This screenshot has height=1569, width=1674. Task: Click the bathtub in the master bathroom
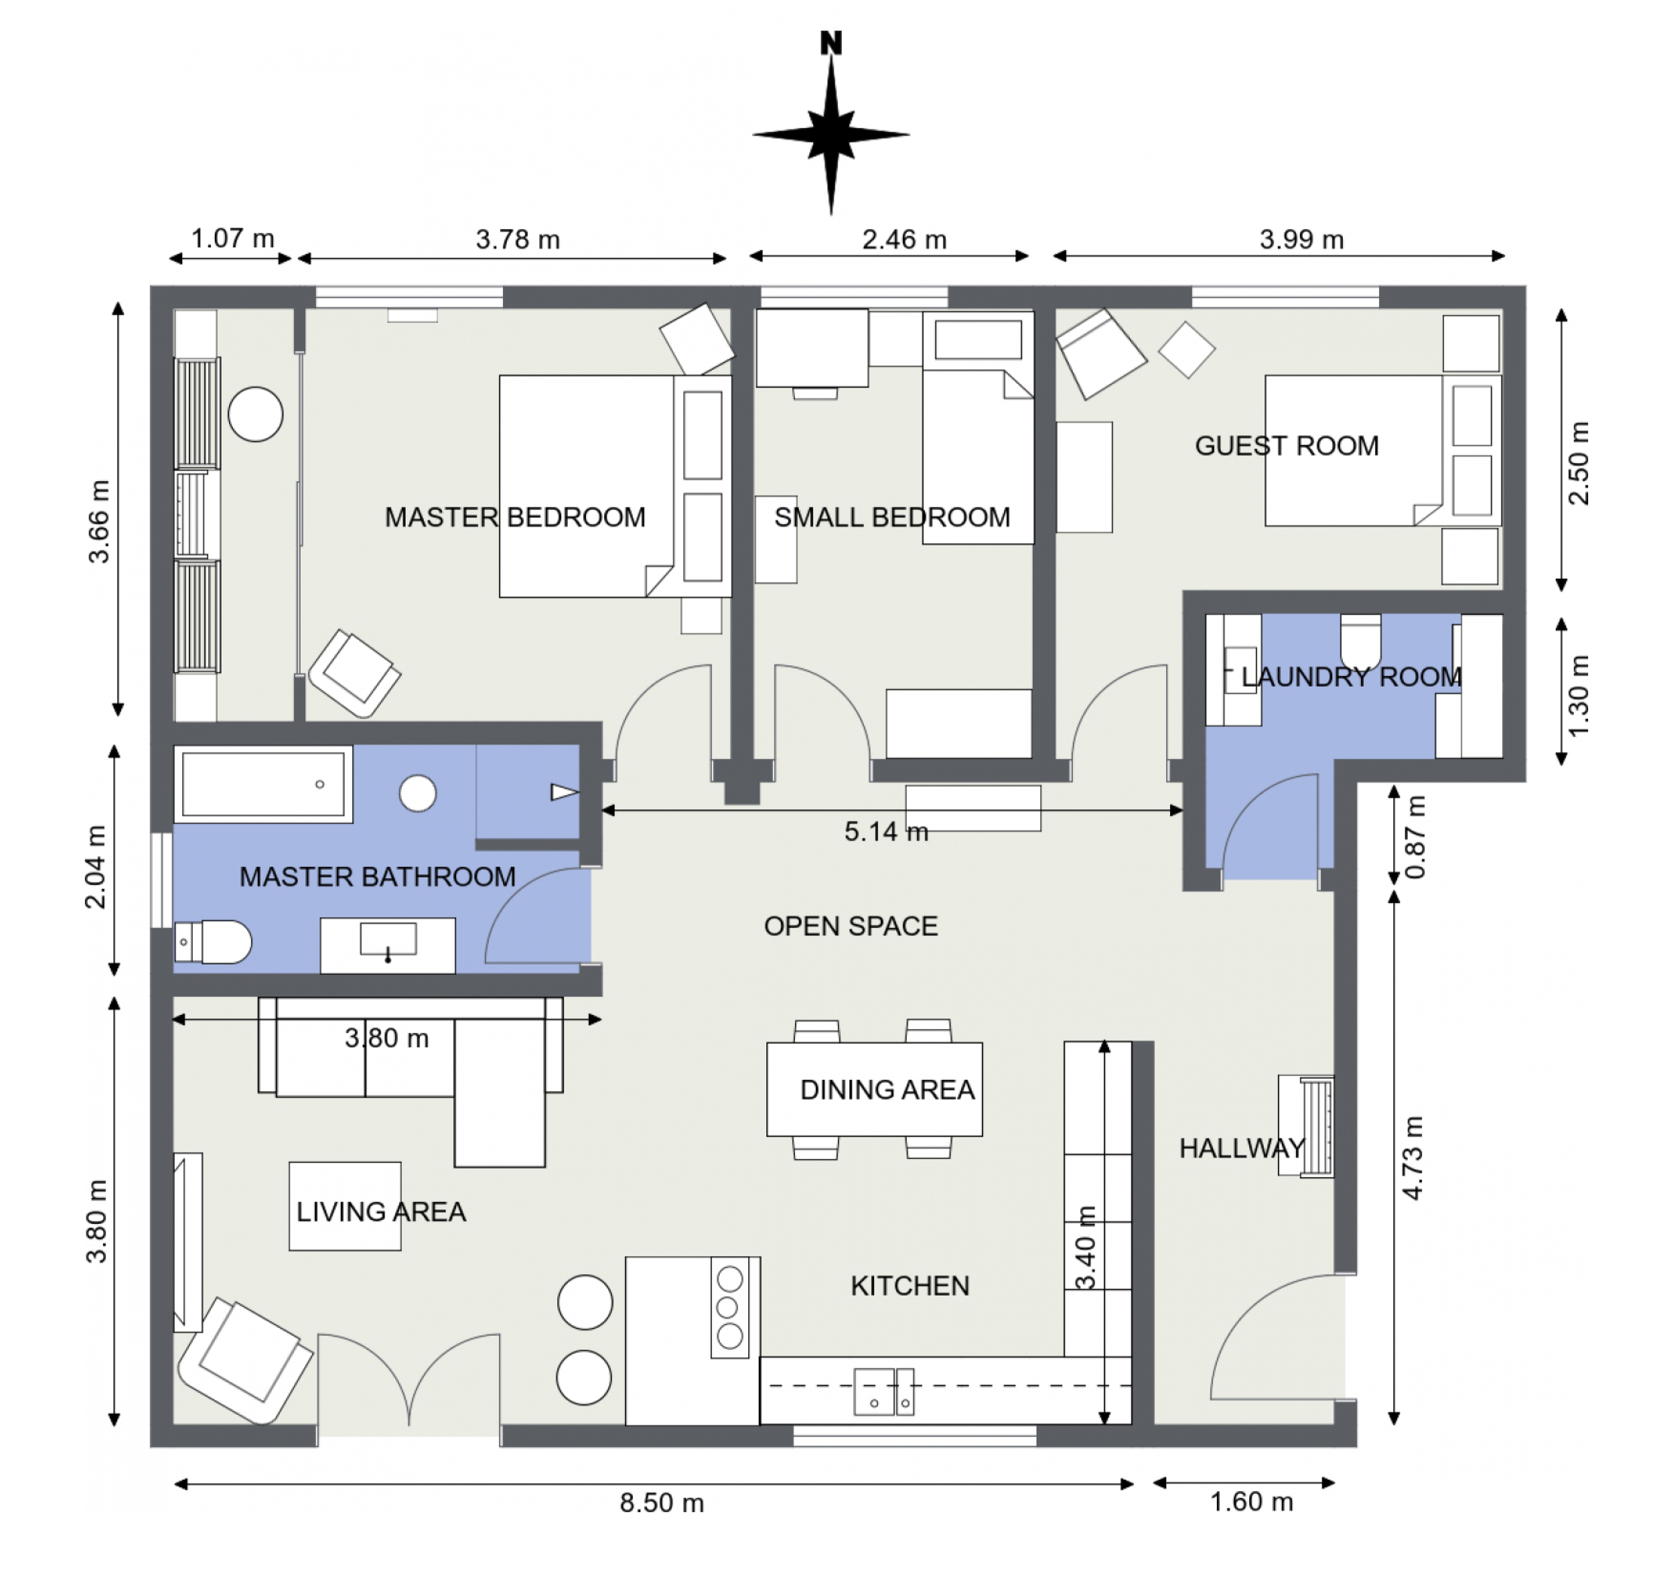pos(263,784)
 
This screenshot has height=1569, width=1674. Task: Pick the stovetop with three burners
pos(729,1307)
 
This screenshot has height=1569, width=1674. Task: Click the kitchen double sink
pos(883,1391)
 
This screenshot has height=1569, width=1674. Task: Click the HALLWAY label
pos(1241,1148)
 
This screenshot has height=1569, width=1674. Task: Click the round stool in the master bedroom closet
pos(255,414)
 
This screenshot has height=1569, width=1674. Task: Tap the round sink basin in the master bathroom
pos(418,793)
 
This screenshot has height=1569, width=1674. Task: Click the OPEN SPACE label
pos(850,926)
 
